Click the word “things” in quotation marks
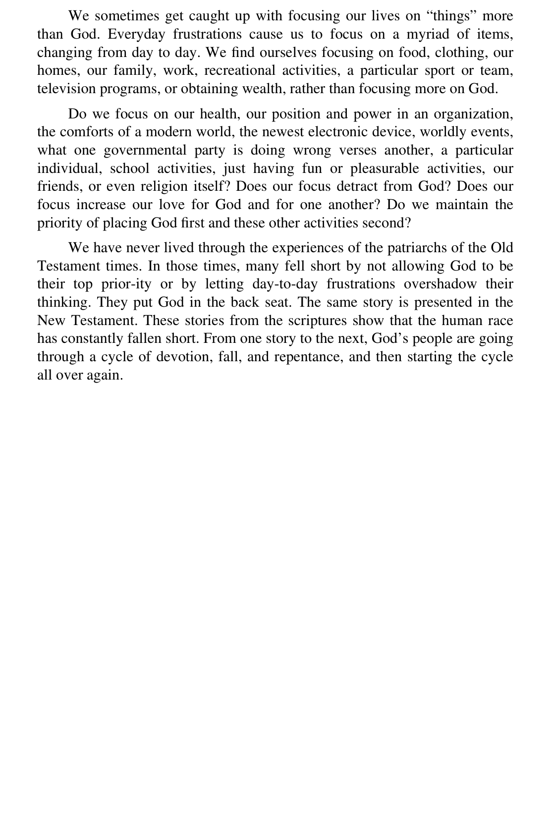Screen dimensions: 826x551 (x=451, y=16)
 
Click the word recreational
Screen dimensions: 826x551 (x=240, y=71)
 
